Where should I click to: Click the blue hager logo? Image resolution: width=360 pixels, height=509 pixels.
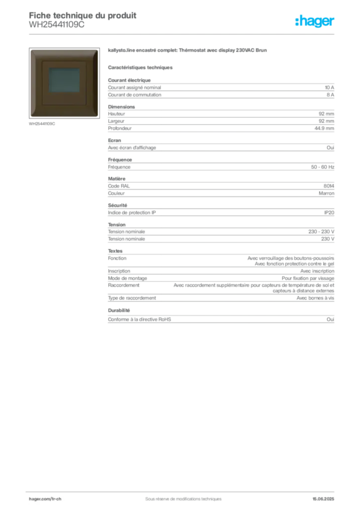tap(315, 21)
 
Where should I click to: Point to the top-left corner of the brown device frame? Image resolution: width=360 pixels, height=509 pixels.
tap(30, 50)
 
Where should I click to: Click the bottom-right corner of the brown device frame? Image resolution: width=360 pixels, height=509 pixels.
tap(98, 117)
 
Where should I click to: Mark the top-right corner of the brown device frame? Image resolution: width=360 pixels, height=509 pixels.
tap(98, 50)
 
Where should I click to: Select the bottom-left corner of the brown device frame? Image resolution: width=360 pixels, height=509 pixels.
tap(30, 117)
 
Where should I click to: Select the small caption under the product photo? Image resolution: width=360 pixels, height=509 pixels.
tap(42, 124)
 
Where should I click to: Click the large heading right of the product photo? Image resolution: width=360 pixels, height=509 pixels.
tap(189, 51)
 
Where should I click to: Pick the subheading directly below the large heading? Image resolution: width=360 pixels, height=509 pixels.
tap(141, 67)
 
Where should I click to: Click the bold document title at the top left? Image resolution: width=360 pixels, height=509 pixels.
tap(83, 13)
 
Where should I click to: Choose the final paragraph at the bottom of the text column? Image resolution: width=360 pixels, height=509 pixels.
tap(220, 320)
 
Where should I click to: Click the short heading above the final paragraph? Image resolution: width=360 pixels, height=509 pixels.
tap(119, 309)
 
